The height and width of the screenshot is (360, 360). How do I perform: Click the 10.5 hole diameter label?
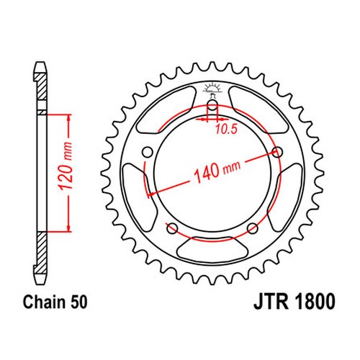pos(226,130)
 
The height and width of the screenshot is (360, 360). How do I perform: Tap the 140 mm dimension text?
pos(217,171)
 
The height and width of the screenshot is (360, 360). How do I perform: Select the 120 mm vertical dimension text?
pos(66,166)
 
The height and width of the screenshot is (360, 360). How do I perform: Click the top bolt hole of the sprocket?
pos(212,105)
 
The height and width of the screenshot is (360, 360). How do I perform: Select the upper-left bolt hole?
pos(148,152)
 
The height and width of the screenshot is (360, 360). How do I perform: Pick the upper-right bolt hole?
pos(277,152)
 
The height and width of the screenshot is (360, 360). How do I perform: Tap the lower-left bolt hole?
pos(172,228)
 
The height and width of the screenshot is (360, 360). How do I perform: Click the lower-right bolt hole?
pos(253,228)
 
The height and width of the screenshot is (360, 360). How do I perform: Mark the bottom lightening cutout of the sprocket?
pos(212,248)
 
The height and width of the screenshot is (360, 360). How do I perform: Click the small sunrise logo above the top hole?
pos(212,89)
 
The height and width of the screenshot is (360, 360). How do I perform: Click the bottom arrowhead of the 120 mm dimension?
pos(69,228)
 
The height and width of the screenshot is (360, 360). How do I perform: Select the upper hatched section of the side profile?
pos(41,86)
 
